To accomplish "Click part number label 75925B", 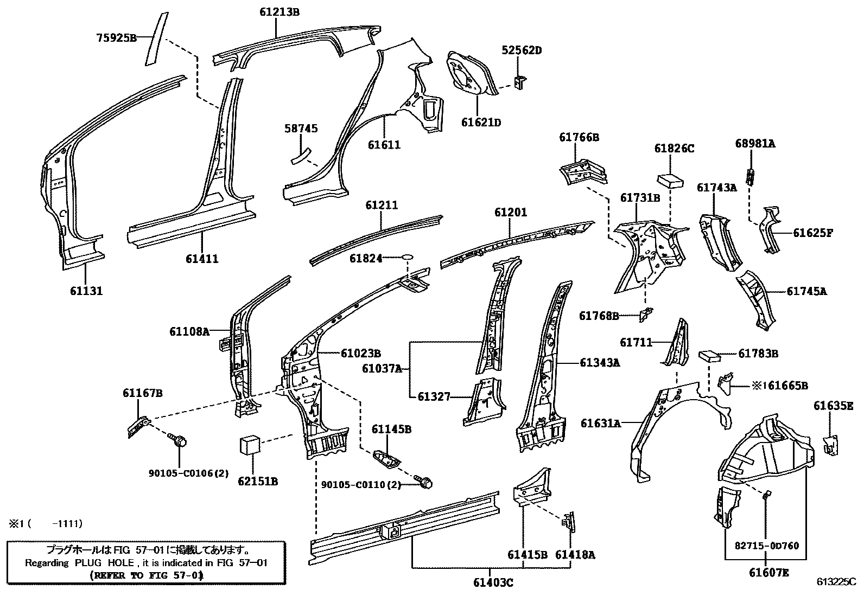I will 116,37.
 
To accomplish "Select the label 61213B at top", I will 279,11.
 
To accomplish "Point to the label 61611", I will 384,145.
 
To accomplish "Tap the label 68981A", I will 755,143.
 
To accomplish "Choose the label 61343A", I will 599,362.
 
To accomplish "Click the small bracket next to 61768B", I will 646,313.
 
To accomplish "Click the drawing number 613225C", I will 836,582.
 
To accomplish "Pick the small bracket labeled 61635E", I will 831,444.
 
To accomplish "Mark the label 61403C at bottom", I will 493,583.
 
